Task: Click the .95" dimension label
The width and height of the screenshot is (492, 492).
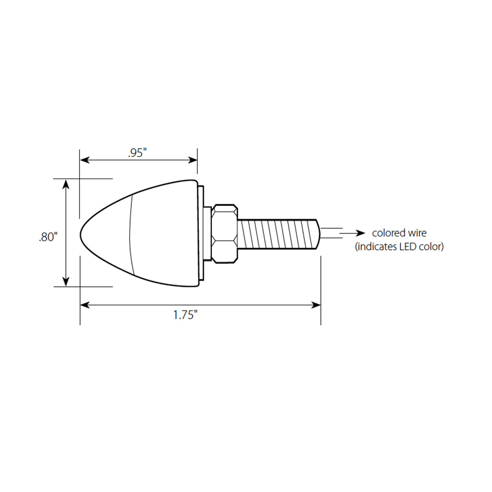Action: (x=137, y=153)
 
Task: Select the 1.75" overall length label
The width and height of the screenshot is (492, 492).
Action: (x=185, y=315)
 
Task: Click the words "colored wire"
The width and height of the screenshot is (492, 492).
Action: (x=399, y=233)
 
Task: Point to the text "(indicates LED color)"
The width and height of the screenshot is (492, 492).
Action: (x=399, y=247)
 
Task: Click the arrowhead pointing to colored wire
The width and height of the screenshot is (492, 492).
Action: (x=360, y=233)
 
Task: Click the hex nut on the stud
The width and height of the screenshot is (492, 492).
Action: (x=224, y=233)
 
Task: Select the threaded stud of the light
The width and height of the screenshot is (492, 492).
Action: (x=277, y=235)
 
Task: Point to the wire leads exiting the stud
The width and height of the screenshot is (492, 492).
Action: (x=330, y=233)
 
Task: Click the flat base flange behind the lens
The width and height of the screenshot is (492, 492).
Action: (x=201, y=233)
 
